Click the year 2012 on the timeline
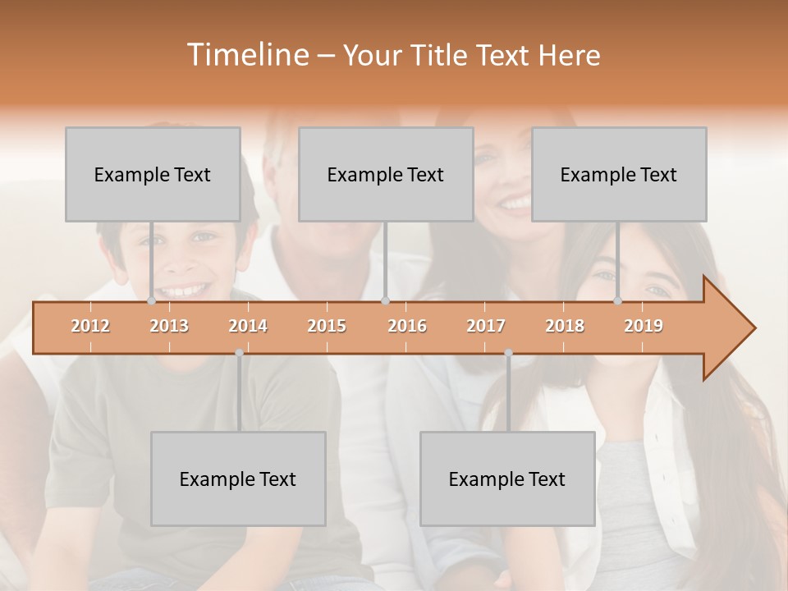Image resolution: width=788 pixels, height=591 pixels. coord(90,327)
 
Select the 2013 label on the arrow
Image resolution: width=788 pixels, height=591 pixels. coord(169,327)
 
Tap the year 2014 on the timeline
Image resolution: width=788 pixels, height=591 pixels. coord(248,327)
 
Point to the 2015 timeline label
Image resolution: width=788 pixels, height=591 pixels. coord(327,327)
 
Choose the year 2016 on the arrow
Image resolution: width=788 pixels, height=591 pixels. coord(407,327)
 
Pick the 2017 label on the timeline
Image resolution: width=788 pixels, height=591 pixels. coord(486,327)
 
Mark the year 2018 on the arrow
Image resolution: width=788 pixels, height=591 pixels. coord(565,327)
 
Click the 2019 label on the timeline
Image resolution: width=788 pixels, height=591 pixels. coord(644,327)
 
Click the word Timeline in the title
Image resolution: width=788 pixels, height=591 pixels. coord(246,55)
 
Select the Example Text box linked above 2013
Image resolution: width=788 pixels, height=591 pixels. coord(153,175)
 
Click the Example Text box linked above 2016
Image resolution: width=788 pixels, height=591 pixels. coord(386,175)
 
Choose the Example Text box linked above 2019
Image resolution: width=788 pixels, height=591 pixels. coord(619,175)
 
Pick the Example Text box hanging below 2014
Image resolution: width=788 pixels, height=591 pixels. coord(238,479)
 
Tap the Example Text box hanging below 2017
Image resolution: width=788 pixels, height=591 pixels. coord(507,479)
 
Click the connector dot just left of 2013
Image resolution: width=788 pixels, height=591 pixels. coord(151,301)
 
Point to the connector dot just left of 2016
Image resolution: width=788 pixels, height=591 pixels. coord(385,301)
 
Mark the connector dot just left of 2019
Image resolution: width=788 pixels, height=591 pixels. coord(617,301)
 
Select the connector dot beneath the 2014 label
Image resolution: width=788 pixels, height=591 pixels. coord(239,353)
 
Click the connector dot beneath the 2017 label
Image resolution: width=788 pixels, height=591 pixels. coord(508,353)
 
